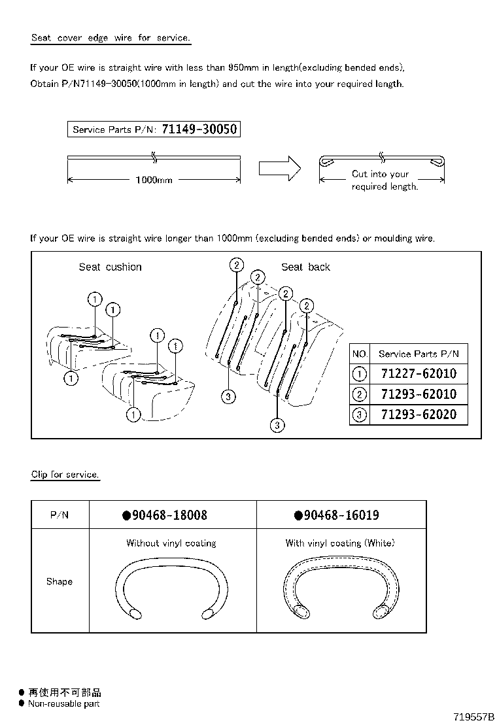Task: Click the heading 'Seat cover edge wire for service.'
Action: coord(111,38)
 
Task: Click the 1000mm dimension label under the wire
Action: coord(154,180)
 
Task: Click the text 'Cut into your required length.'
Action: coord(384,180)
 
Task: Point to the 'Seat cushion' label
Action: coord(110,267)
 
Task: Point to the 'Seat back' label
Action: coord(305,267)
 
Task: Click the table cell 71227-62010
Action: coord(419,375)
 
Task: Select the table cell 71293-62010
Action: coord(419,394)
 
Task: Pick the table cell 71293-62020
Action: coord(419,414)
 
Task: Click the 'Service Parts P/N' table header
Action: coord(419,354)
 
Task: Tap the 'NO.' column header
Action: coord(360,354)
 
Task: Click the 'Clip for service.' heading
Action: coord(65,475)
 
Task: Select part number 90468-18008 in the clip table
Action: coord(169,515)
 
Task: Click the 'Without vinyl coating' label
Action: coord(171,543)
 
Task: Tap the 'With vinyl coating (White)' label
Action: coord(340,543)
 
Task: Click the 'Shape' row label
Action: coord(59,582)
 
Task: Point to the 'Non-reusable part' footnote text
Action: coord(63,704)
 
